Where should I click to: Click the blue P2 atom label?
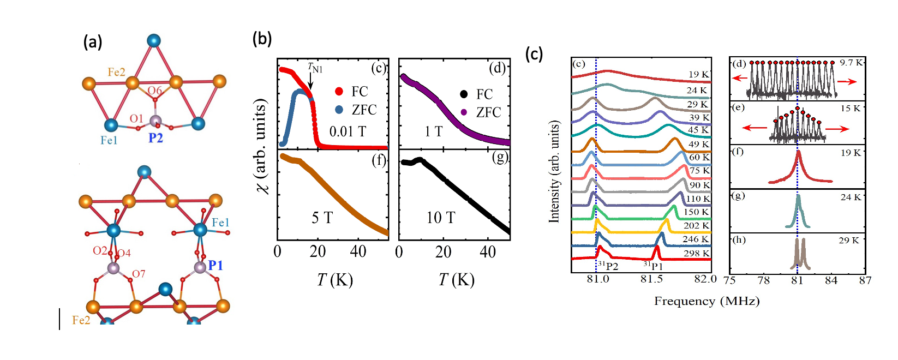[x=155, y=138]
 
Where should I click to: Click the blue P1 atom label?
[x=215, y=266]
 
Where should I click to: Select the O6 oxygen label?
[x=155, y=91]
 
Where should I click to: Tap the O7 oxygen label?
[x=139, y=274]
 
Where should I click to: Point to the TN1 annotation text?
[x=315, y=68]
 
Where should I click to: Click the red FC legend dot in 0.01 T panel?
[x=339, y=92]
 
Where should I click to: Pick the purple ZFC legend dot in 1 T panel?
[x=464, y=112]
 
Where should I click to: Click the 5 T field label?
[x=322, y=218]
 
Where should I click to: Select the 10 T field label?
[x=440, y=218]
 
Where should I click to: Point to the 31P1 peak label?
[x=653, y=266]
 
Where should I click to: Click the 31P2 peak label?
[x=608, y=266]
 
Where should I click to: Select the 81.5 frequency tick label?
[x=651, y=279]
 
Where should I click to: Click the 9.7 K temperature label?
[x=851, y=63]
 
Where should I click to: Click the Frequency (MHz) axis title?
[x=707, y=301]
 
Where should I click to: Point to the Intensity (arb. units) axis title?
[x=554, y=171]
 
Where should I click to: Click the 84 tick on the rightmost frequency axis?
[x=831, y=280]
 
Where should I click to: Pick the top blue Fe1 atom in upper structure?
[x=154, y=40]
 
